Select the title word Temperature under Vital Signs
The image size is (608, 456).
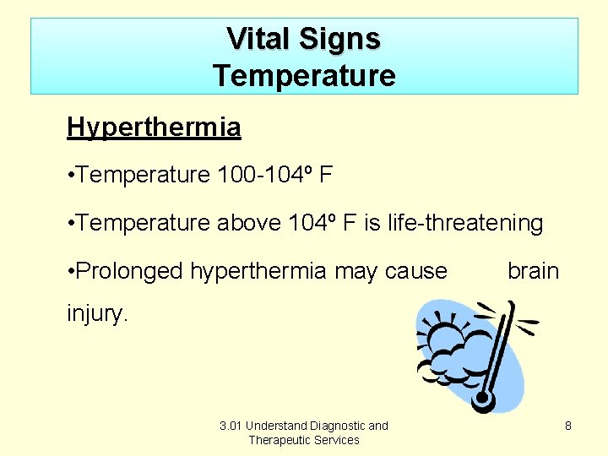pos(304,76)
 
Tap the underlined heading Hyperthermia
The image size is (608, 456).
pos(154,128)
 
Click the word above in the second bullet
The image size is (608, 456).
pos(249,224)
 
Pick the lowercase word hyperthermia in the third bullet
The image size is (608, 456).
pos(258,271)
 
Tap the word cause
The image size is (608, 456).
pos(415,271)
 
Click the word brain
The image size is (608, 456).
pos(533,271)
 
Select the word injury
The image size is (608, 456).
pos(98,315)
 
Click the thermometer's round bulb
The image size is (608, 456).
pos(483,399)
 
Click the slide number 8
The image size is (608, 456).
pos(568,426)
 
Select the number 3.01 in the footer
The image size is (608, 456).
pos(231,426)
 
